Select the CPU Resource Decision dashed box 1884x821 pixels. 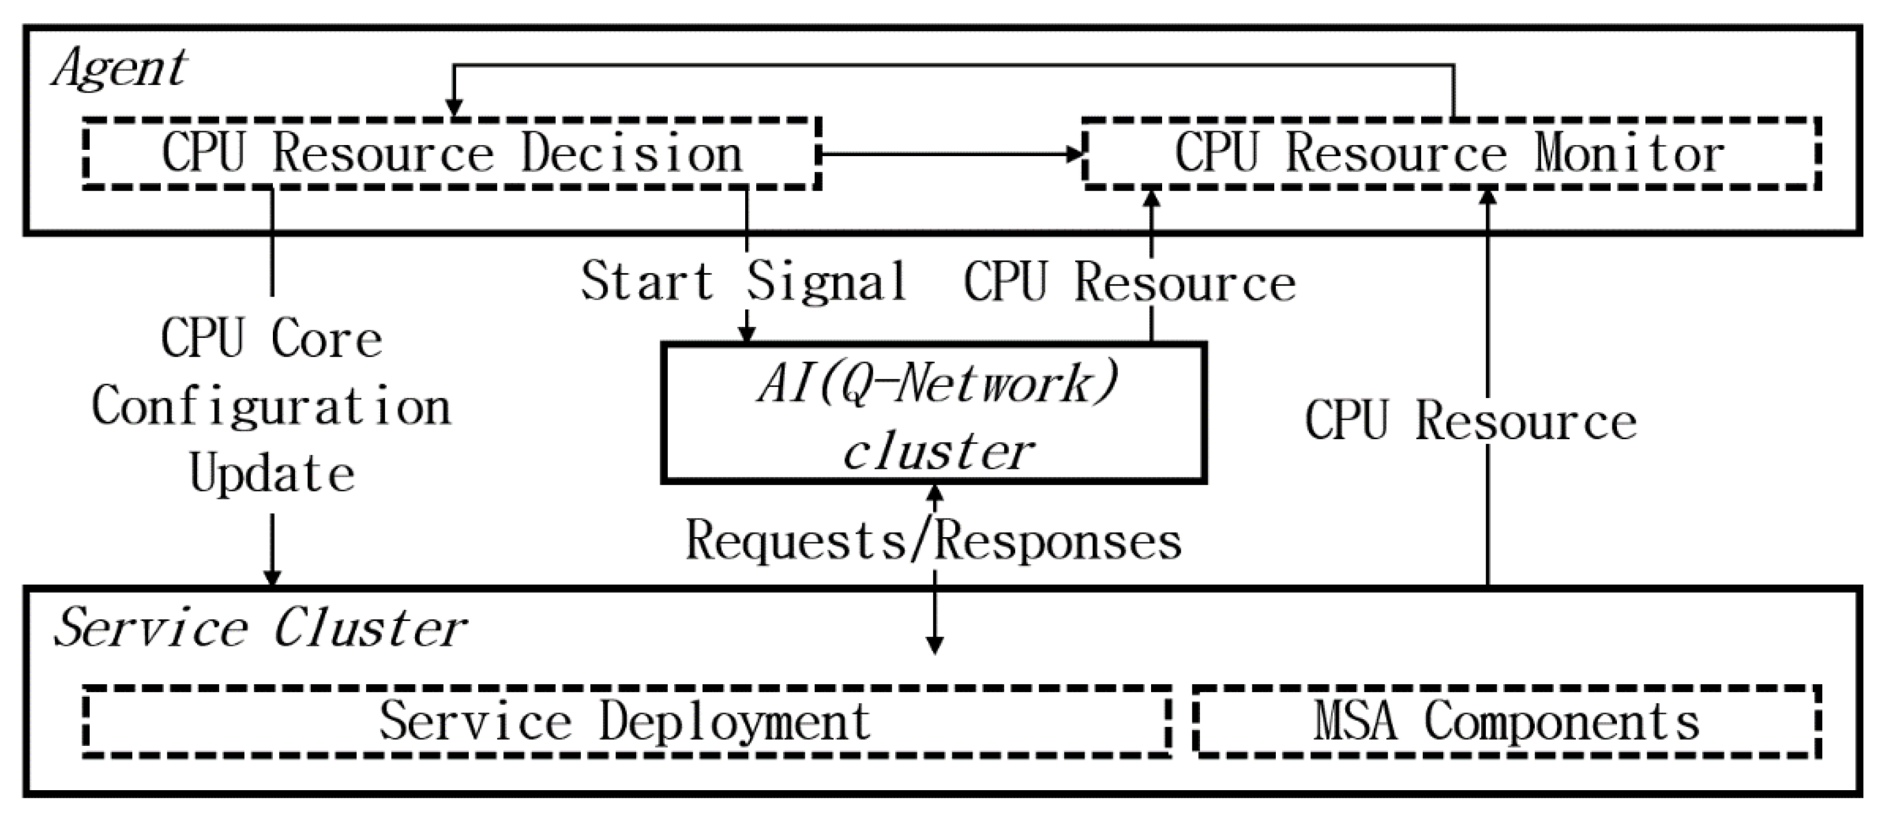click(451, 153)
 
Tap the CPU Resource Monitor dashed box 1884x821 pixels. click(1451, 153)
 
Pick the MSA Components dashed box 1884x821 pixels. click(1507, 721)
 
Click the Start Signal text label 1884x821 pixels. click(745, 282)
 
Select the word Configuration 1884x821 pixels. click(271, 407)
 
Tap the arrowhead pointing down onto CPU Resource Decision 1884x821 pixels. click(454, 108)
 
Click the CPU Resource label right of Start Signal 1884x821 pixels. click(1129, 284)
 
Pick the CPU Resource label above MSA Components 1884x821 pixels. click(1470, 422)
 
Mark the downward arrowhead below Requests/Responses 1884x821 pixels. click(935, 645)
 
